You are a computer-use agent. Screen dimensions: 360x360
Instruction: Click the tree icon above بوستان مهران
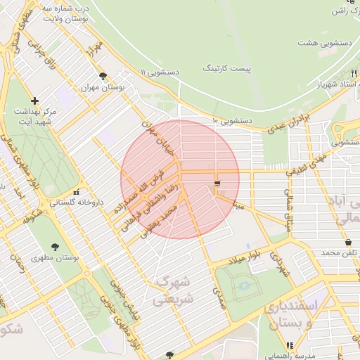103,77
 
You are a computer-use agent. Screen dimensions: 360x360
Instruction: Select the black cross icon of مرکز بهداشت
35,101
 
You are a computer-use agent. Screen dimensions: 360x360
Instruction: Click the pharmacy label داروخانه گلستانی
76,202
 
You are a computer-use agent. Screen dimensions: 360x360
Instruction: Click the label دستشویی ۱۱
160,72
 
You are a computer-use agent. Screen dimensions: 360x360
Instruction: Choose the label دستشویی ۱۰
231,122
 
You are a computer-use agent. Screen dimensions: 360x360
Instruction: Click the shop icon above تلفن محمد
348,242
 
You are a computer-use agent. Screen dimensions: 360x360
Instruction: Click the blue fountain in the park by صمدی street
244,285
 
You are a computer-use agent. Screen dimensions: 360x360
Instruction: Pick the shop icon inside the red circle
217,184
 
